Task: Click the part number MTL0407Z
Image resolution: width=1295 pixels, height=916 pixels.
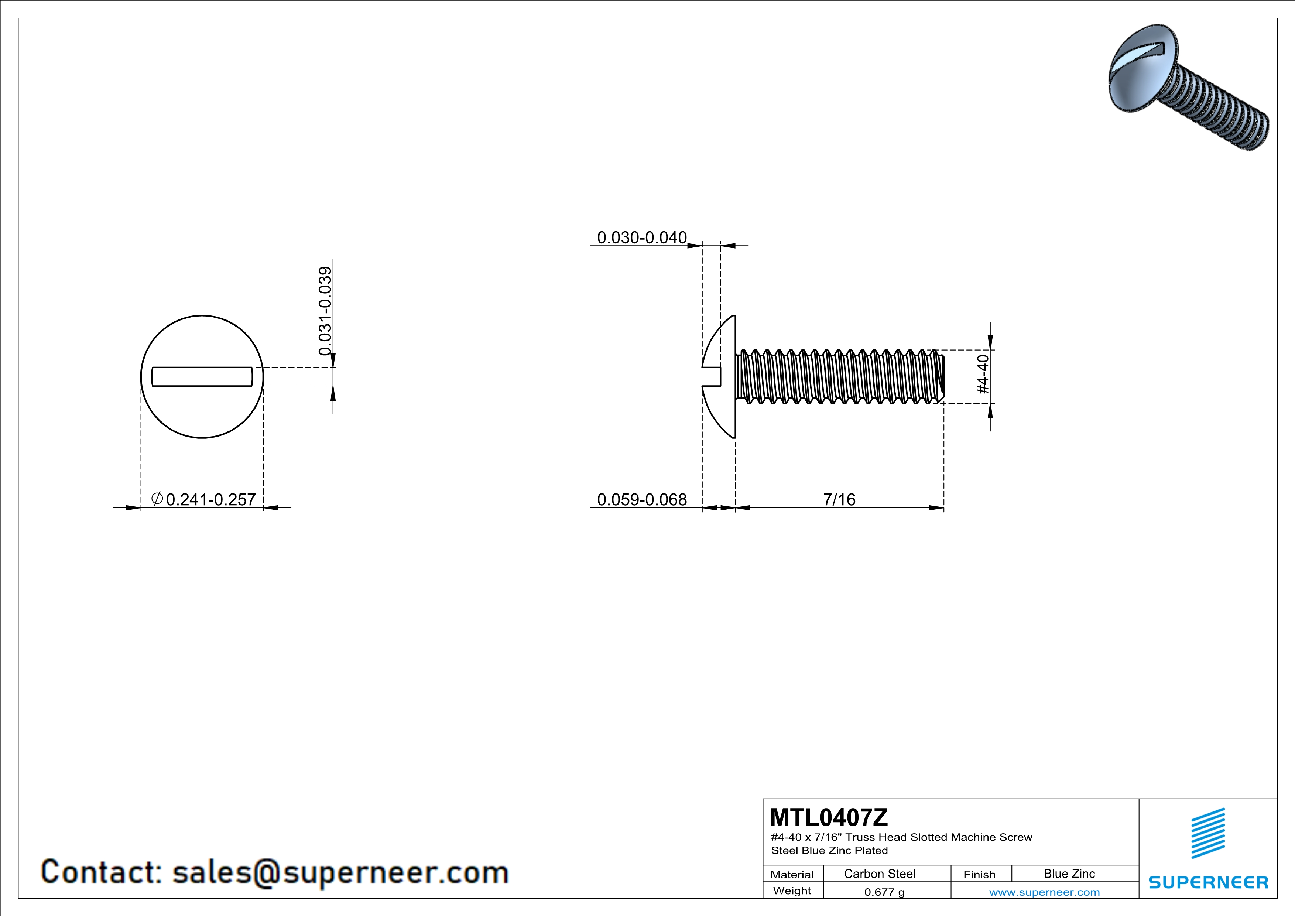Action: (x=829, y=817)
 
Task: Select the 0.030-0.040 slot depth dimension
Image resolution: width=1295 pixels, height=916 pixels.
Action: (x=642, y=237)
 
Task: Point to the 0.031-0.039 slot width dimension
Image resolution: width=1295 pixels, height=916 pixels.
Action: (x=325, y=311)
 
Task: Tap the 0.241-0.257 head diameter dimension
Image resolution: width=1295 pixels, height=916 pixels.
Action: (x=211, y=499)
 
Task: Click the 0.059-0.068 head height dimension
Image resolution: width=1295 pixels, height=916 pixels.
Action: (x=642, y=499)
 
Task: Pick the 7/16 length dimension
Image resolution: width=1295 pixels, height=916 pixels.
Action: (x=839, y=499)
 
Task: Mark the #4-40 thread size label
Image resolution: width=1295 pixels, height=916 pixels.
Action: (x=983, y=374)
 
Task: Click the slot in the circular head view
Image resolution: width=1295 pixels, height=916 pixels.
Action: (x=202, y=377)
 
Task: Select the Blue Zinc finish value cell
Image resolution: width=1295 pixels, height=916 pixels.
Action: (x=1069, y=874)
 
